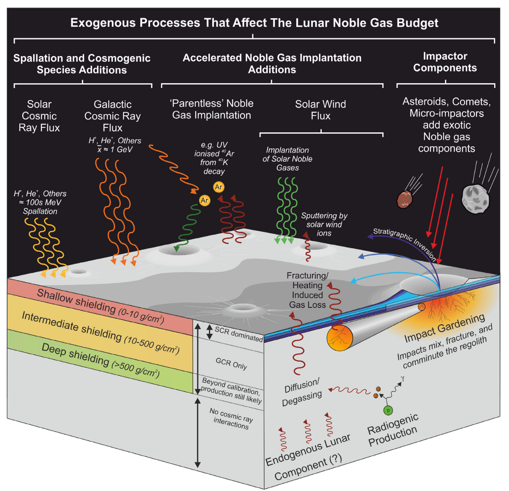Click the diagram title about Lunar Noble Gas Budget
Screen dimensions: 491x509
(x=254, y=23)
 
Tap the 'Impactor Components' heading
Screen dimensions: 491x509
(x=445, y=62)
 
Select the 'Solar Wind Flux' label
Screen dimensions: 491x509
(x=320, y=110)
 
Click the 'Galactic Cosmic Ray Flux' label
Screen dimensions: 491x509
(x=112, y=116)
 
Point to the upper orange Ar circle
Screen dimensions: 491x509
(x=219, y=187)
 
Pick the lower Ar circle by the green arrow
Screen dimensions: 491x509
(x=205, y=200)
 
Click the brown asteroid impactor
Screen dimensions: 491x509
(x=404, y=199)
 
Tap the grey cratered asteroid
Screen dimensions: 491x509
(x=476, y=199)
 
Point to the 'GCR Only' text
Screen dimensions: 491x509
(x=231, y=364)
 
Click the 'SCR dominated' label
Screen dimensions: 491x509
(x=239, y=334)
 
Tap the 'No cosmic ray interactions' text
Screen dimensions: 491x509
(x=231, y=419)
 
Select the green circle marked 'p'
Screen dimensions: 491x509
(x=388, y=411)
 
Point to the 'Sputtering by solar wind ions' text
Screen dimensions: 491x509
(x=324, y=224)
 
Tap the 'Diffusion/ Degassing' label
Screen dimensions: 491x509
(x=302, y=392)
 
